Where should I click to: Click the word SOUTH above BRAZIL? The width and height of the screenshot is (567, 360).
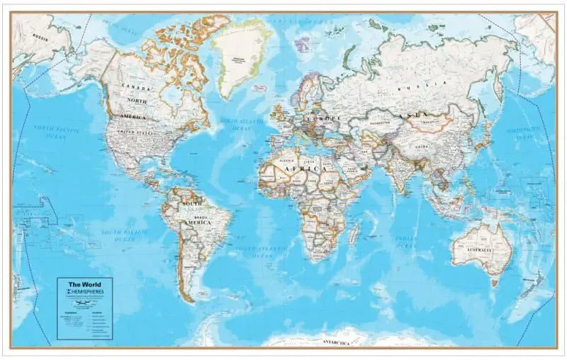pyautogui.click(x=192, y=204)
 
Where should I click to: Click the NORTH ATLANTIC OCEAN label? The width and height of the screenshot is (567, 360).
pyautogui.click(x=237, y=124)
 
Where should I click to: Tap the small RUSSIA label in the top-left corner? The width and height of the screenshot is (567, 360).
pyautogui.click(x=40, y=38)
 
